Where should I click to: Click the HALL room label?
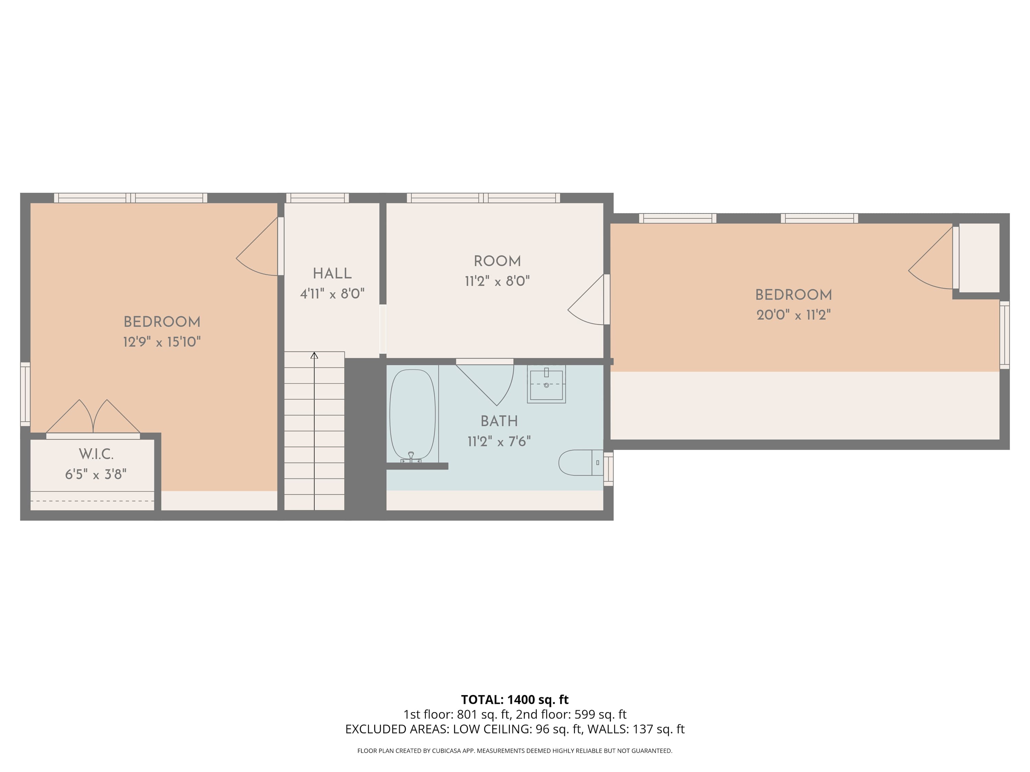(x=332, y=273)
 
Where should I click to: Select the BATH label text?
(x=499, y=421)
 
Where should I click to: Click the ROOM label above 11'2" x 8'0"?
(x=497, y=261)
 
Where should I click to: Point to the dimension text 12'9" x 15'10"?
(x=162, y=342)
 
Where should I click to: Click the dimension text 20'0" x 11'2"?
(x=793, y=315)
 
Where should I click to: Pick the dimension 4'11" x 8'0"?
(x=332, y=294)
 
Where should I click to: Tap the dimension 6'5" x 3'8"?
(x=96, y=474)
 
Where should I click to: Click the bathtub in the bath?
(x=413, y=416)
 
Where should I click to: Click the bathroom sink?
(x=546, y=384)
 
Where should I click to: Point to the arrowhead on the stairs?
(x=314, y=355)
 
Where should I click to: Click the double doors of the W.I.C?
(x=93, y=418)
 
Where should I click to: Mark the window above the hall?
(x=318, y=198)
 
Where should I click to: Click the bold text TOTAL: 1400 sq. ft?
(x=515, y=699)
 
